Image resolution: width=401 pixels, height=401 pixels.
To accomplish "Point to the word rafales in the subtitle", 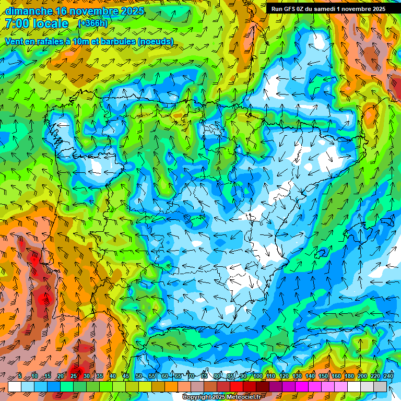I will [x=58, y=41].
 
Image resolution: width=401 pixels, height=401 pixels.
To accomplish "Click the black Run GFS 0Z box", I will [x=328, y=8].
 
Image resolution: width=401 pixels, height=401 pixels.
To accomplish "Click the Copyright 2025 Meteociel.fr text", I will [x=221, y=397].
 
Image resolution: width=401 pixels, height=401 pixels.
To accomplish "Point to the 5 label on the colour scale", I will [x=20, y=376].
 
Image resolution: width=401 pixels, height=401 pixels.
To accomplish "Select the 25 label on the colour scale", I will [x=74, y=376].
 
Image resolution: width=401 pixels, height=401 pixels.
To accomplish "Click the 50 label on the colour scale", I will [x=139, y=376].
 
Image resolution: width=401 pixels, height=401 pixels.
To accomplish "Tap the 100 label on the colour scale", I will [x=257, y=376].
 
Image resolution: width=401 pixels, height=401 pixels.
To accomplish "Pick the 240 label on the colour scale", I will [x=388, y=376].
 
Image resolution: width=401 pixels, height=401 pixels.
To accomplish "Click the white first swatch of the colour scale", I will [x=14, y=386].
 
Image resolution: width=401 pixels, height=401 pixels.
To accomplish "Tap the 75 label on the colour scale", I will [x=204, y=376].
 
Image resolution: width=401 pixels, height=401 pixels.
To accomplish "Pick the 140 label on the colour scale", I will [x=310, y=376].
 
